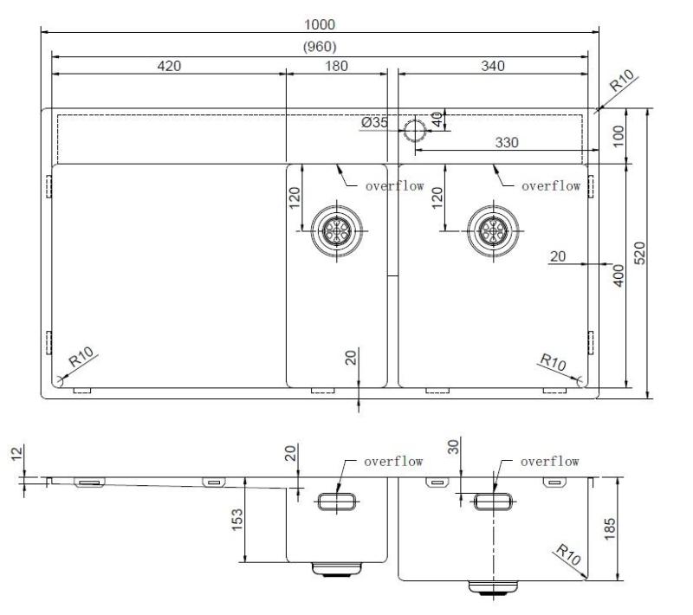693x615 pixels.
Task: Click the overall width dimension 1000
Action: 321,25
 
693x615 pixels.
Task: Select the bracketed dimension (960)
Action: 321,47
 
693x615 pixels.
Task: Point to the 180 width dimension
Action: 337,66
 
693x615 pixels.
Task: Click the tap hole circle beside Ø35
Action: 414,131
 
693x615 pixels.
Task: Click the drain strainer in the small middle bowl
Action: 336,230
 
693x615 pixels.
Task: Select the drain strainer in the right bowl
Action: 493,230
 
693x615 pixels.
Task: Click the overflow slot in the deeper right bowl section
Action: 493,501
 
